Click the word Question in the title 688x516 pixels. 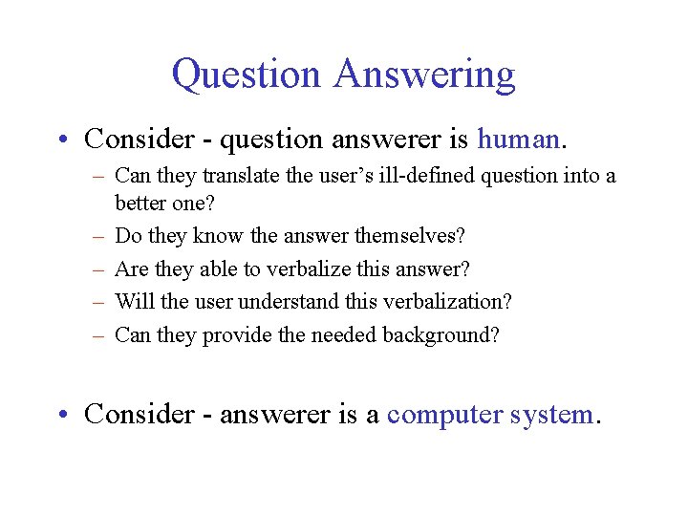coord(246,75)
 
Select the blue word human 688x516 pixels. coord(517,140)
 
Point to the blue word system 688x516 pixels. coord(551,414)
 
